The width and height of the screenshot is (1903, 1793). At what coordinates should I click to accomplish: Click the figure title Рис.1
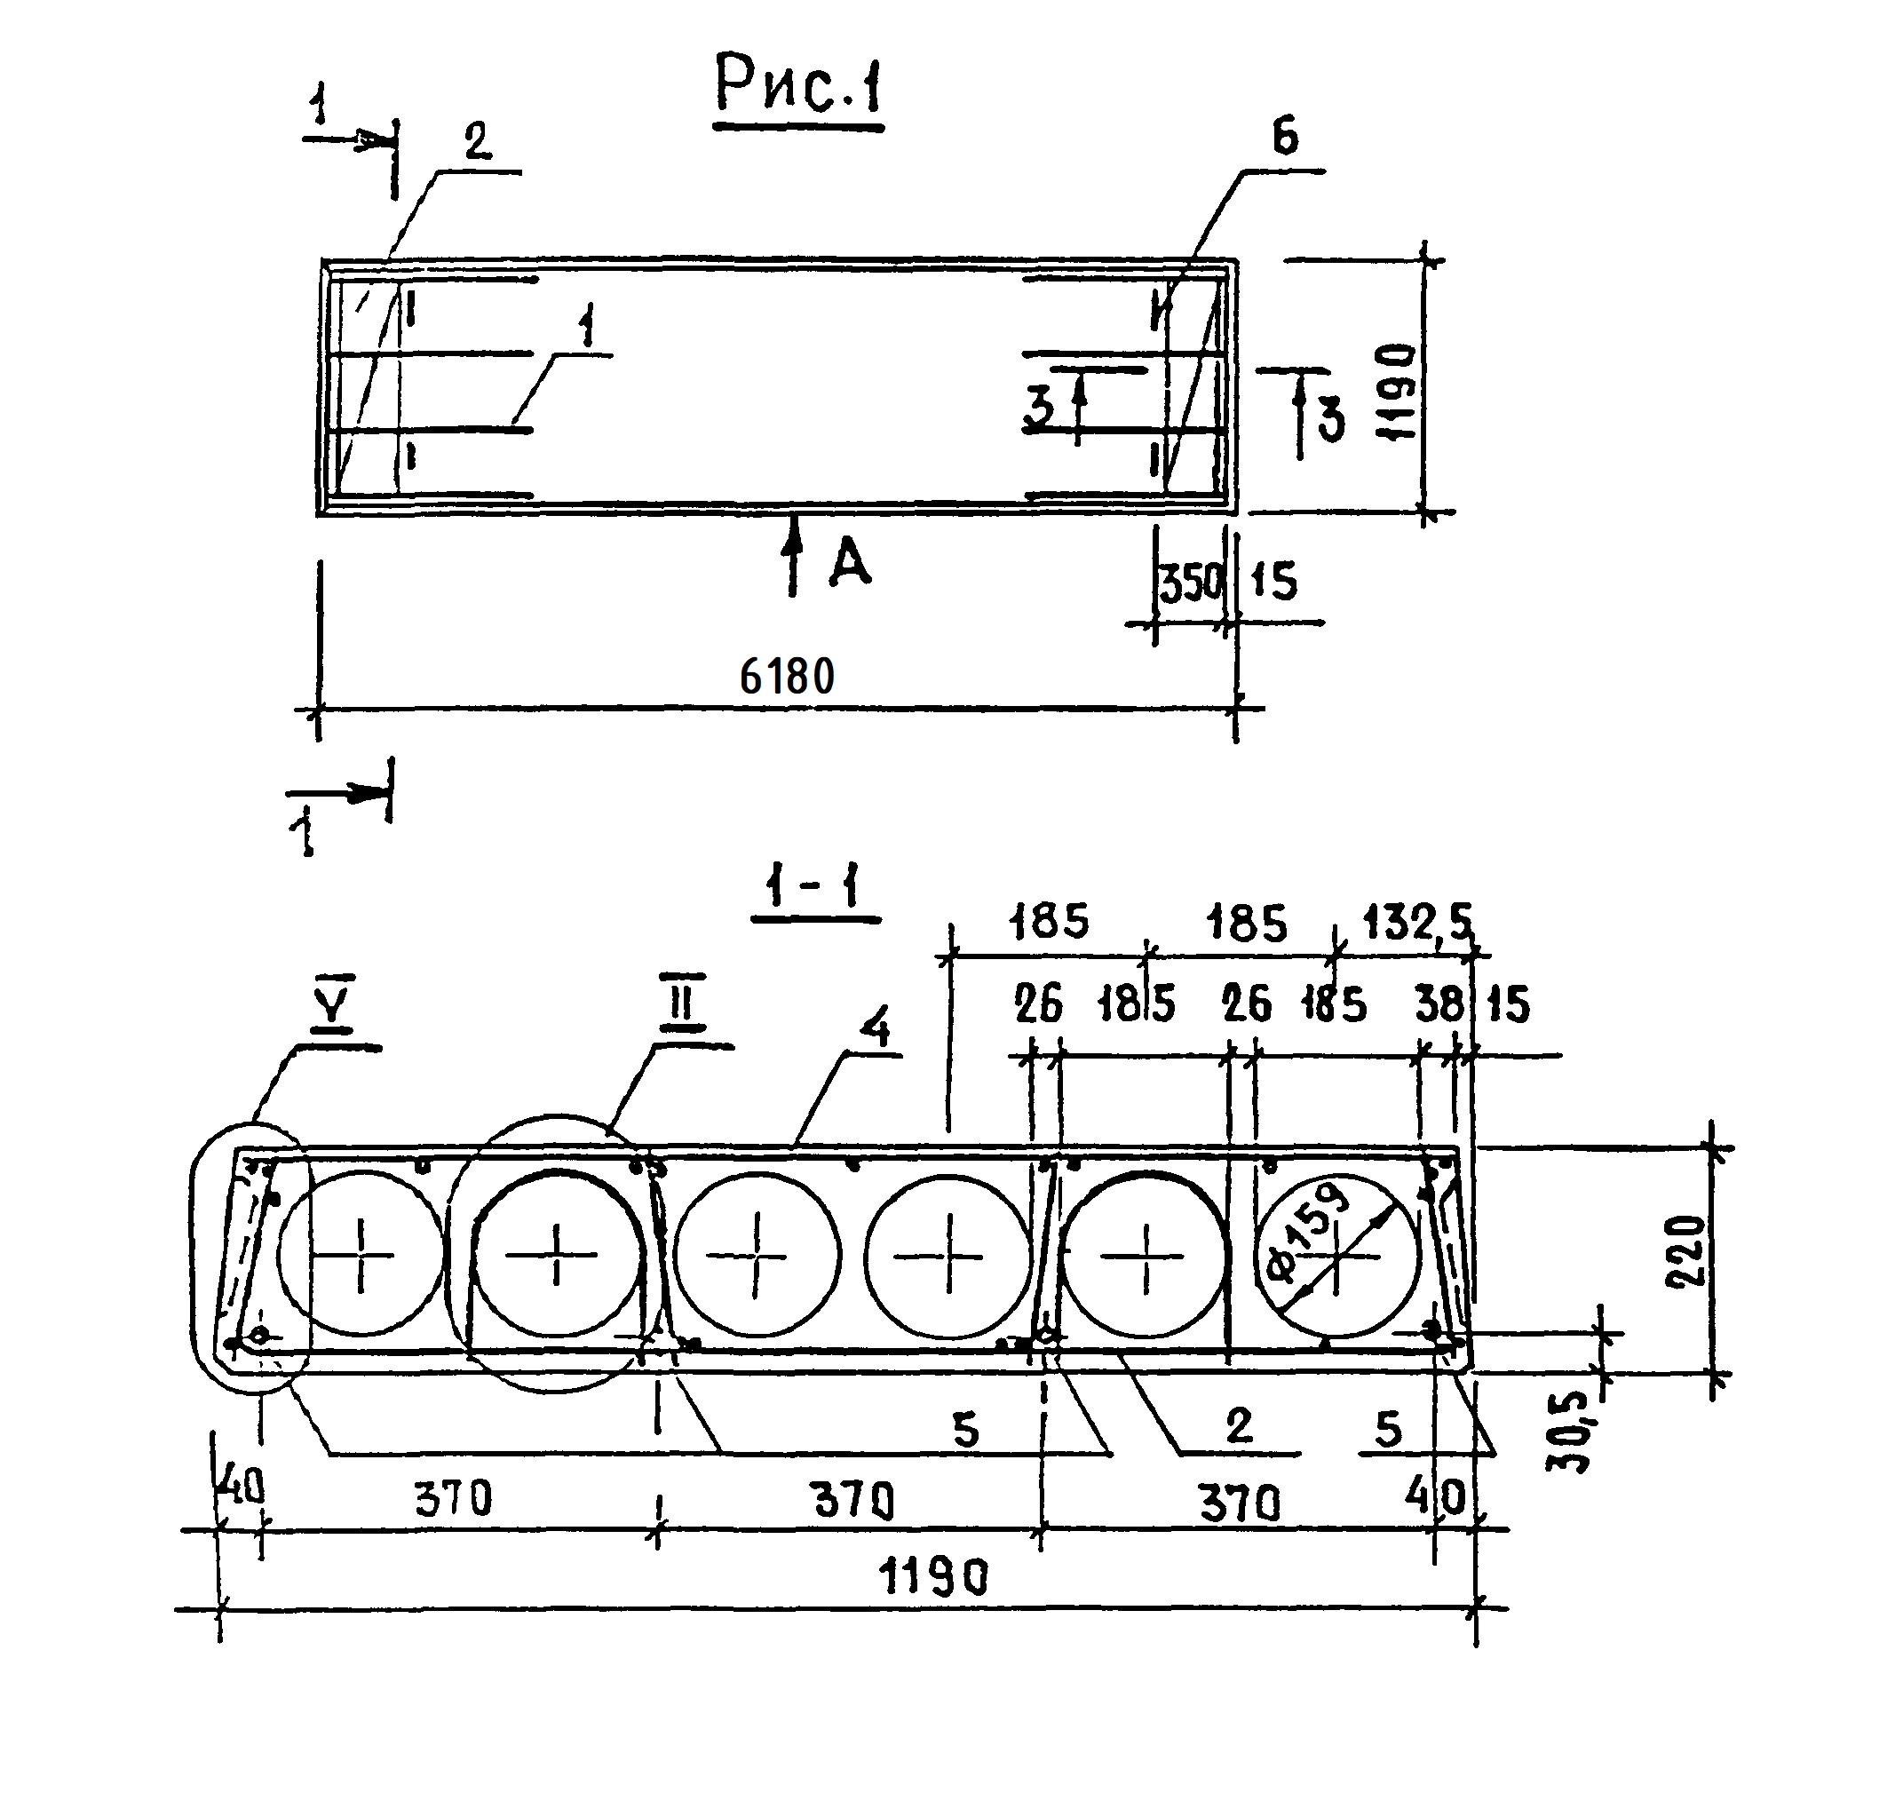point(798,86)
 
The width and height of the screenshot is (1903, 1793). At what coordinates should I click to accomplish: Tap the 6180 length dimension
point(787,677)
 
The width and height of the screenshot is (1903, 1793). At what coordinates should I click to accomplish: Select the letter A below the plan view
point(850,563)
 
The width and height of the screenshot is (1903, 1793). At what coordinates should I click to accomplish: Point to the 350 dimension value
point(1191,583)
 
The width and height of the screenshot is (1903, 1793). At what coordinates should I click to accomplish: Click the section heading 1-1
point(813,886)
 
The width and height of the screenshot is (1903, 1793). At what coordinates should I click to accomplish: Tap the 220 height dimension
point(1685,1251)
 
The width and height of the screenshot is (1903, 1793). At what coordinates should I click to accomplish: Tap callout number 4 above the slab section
point(875,1030)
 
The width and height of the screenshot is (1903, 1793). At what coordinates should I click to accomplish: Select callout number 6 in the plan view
point(1285,137)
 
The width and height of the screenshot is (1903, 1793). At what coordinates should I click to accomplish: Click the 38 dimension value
point(1439,1005)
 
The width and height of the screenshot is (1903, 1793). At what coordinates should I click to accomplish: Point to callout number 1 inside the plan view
point(587,328)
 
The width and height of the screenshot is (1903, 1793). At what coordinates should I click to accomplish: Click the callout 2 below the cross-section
point(1239,1426)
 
